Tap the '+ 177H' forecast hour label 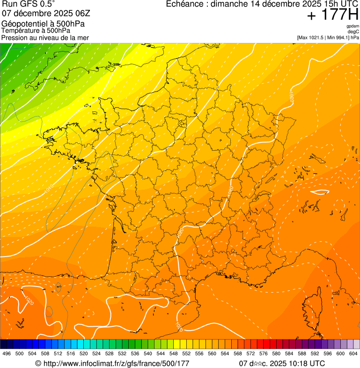click(332, 15)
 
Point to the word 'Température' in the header click(20, 30)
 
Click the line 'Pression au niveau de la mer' click(45, 37)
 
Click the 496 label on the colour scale click(7, 353)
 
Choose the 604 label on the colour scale click(353, 353)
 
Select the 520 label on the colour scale click(83, 353)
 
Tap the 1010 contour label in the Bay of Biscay click(49, 190)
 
